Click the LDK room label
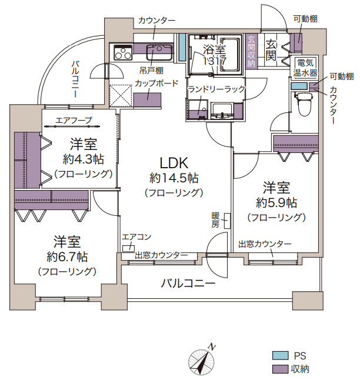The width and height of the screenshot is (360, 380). tap(174, 163)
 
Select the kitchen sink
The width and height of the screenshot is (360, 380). tap(159, 52)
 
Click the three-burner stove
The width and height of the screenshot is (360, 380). tap(124, 52)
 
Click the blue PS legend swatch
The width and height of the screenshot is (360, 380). tap(280, 355)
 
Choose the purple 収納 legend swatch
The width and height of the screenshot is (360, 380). tap(280, 369)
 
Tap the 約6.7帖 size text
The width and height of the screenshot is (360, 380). tap(67, 256)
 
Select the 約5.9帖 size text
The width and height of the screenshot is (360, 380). tap(276, 202)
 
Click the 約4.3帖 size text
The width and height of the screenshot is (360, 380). tap(83, 159)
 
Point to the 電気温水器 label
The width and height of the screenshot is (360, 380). tap(305, 68)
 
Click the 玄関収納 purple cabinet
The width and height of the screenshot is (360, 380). tap(251, 52)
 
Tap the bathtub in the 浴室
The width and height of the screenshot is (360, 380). tap(230, 55)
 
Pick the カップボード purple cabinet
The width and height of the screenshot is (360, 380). tap(147, 99)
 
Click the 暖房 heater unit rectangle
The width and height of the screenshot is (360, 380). tap(227, 221)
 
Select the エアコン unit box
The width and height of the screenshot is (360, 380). tap(128, 248)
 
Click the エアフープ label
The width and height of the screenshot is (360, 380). tap(74, 120)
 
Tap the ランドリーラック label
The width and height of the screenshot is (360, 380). tap(216, 89)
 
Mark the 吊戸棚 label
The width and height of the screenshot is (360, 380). tap(151, 71)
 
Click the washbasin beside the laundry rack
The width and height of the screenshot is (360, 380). tap(222, 111)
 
